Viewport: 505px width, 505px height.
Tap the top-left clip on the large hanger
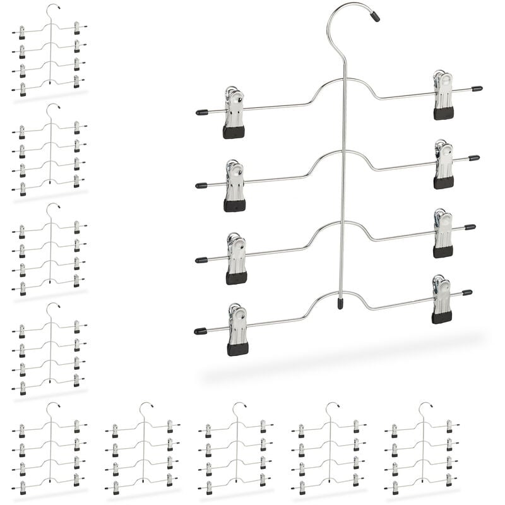pos(234,114)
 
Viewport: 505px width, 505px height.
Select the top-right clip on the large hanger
pos(443,95)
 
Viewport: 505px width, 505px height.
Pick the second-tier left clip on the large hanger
pos(235,186)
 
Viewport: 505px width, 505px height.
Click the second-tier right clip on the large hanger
pos(444,165)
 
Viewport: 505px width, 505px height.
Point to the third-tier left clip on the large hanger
pos(236,259)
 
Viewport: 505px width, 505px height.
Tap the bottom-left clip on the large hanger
pos(237,330)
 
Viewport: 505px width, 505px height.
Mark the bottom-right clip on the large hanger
pos(442,299)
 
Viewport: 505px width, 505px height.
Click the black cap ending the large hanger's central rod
pos(340,304)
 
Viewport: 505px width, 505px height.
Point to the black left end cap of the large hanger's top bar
pos(201,112)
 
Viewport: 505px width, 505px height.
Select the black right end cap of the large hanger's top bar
pos(477,89)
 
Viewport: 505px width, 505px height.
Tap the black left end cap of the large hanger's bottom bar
pos(200,331)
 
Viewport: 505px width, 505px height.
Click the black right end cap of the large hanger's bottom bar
pos(467,292)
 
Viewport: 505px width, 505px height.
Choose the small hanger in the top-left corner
pos(49,50)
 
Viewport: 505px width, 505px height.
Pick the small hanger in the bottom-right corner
pos(422,448)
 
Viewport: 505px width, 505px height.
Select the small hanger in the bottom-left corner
pos(49,448)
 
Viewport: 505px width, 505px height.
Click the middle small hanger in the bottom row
pos(235,448)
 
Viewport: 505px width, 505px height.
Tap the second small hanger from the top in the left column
pos(49,150)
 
